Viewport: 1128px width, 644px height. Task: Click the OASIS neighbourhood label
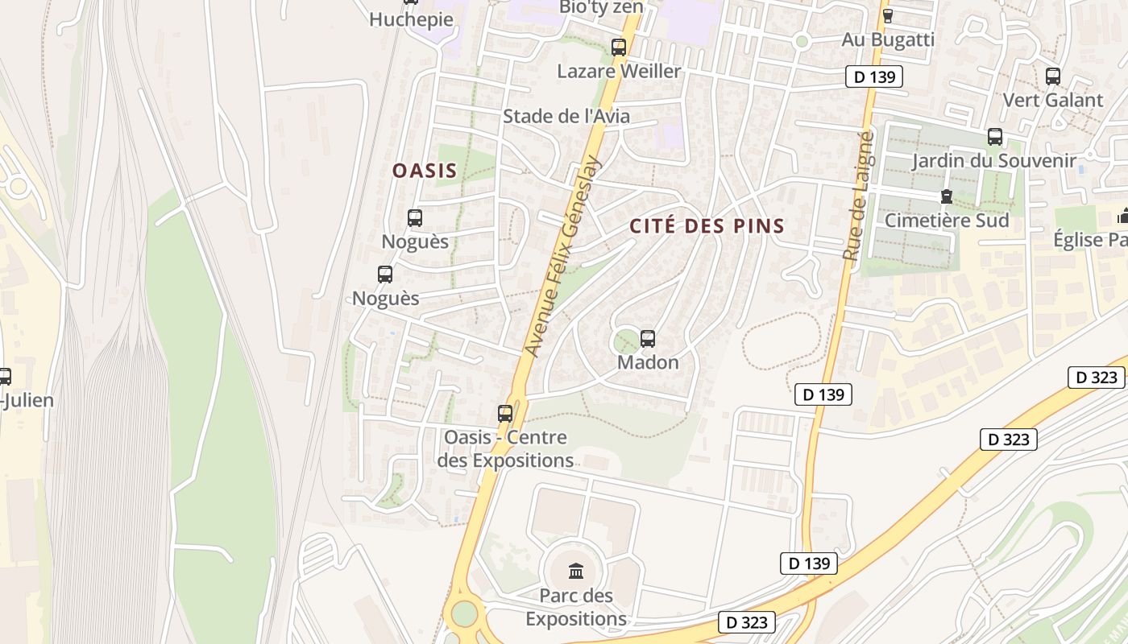coord(425,171)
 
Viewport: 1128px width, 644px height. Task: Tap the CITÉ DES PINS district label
coord(707,226)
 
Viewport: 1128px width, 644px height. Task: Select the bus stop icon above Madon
coord(648,339)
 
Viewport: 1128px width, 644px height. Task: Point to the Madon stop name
coord(648,362)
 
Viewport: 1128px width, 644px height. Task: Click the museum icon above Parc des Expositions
coord(576,572)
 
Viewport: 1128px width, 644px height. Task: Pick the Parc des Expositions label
coord(576,608)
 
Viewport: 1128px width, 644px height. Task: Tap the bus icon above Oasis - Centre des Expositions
coord(505,414)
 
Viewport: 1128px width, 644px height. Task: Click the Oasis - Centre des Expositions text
coord(505,449)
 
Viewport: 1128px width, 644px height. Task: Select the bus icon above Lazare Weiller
coord(619,47)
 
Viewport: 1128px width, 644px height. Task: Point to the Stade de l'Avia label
coord(566,116)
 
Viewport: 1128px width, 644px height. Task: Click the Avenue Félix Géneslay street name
coord(563,256)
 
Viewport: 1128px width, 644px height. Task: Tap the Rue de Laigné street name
coord(858,196)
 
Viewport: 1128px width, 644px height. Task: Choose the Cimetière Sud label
coord(947,220)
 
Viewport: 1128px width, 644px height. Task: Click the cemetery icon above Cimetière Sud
coord(947,196)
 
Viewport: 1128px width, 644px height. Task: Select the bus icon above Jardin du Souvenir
coord(995,137)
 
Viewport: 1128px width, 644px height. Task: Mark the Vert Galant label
coord(1052,100)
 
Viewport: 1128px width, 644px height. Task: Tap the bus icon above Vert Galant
coord(1053,76)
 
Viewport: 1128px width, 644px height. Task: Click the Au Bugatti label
coord(888,39)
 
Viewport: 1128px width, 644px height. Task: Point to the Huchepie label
coord(411,19)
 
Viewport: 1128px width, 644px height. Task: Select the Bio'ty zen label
coord(601,7)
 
